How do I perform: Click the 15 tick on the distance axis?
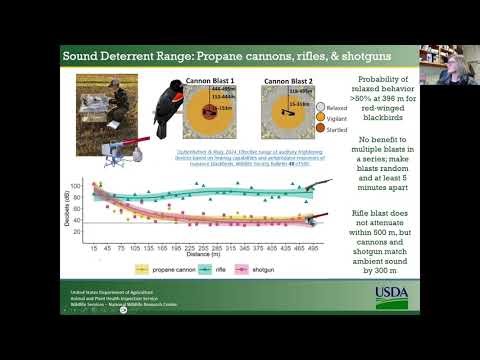[94, 244]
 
